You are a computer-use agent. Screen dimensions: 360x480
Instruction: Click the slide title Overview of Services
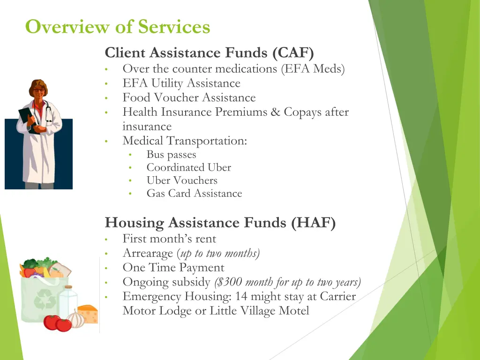click(x=118, y=27)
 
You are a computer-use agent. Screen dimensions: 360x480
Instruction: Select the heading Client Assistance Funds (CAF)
click(x=209, y=52)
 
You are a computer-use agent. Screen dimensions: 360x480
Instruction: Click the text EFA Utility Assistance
click(x=181, y=83)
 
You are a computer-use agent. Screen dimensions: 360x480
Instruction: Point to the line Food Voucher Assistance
click(x=189, y=98)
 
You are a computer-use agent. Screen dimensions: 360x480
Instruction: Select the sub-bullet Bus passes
click(x=171, y=155)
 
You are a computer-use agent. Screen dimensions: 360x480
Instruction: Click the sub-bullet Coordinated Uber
click(x=188, y=167)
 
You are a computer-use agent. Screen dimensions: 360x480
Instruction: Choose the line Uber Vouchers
click(x=182, y=180)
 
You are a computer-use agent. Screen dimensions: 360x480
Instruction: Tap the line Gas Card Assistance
click(x=194, y=194)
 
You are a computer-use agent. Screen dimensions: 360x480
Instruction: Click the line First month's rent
click(x=169, y=239)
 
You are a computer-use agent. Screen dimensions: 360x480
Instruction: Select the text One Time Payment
click(x=173, y=268)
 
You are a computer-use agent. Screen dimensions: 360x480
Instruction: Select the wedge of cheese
click(x=88, y=313)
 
